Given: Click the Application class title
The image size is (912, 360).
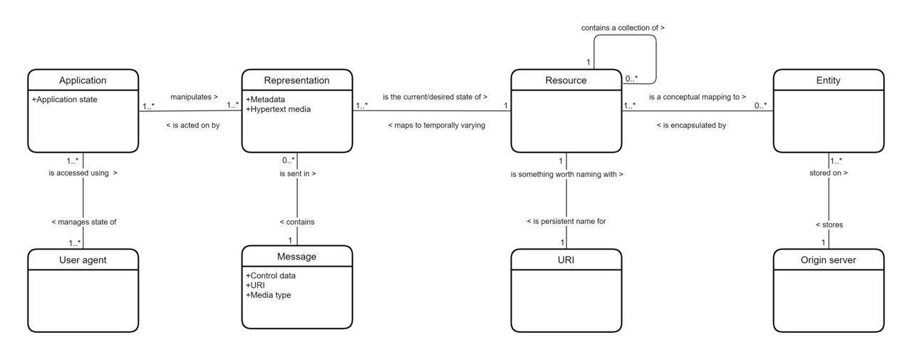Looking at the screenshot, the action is pos(83,81).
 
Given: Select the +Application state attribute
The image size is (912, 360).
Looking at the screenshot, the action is pos(64,99).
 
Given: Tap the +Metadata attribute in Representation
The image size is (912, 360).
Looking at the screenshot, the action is pos(266,99).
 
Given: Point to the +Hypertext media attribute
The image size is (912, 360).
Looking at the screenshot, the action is pos(278,109).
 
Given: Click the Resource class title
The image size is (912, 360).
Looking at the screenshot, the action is pos(566,81).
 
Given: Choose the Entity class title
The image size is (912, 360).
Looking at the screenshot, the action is pos(828,81).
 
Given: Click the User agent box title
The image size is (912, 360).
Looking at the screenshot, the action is pos(83,259).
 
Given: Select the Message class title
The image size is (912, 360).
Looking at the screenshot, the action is pos(297,257).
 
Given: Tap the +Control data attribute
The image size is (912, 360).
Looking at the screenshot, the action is pos(271,276).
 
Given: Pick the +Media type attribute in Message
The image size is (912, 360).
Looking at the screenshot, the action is pos(269,295).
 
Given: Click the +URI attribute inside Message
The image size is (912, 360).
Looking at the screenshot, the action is pos(255,285).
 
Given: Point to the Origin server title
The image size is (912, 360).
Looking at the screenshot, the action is pos(828,259).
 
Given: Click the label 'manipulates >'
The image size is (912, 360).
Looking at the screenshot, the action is pos(195,97).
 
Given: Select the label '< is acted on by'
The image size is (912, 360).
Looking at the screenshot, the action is pos(193,125).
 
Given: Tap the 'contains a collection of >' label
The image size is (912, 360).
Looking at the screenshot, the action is pos(623,28).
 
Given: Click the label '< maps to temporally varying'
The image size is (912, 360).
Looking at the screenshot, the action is pos(437,125).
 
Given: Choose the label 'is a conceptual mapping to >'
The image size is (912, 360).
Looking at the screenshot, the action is pos(698,97).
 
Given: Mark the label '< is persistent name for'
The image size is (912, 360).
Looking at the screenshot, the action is pos(566,221).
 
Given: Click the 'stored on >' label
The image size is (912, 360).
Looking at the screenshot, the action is pos(829,173).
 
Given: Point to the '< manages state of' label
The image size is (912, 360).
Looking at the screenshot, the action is pos(84,222).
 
